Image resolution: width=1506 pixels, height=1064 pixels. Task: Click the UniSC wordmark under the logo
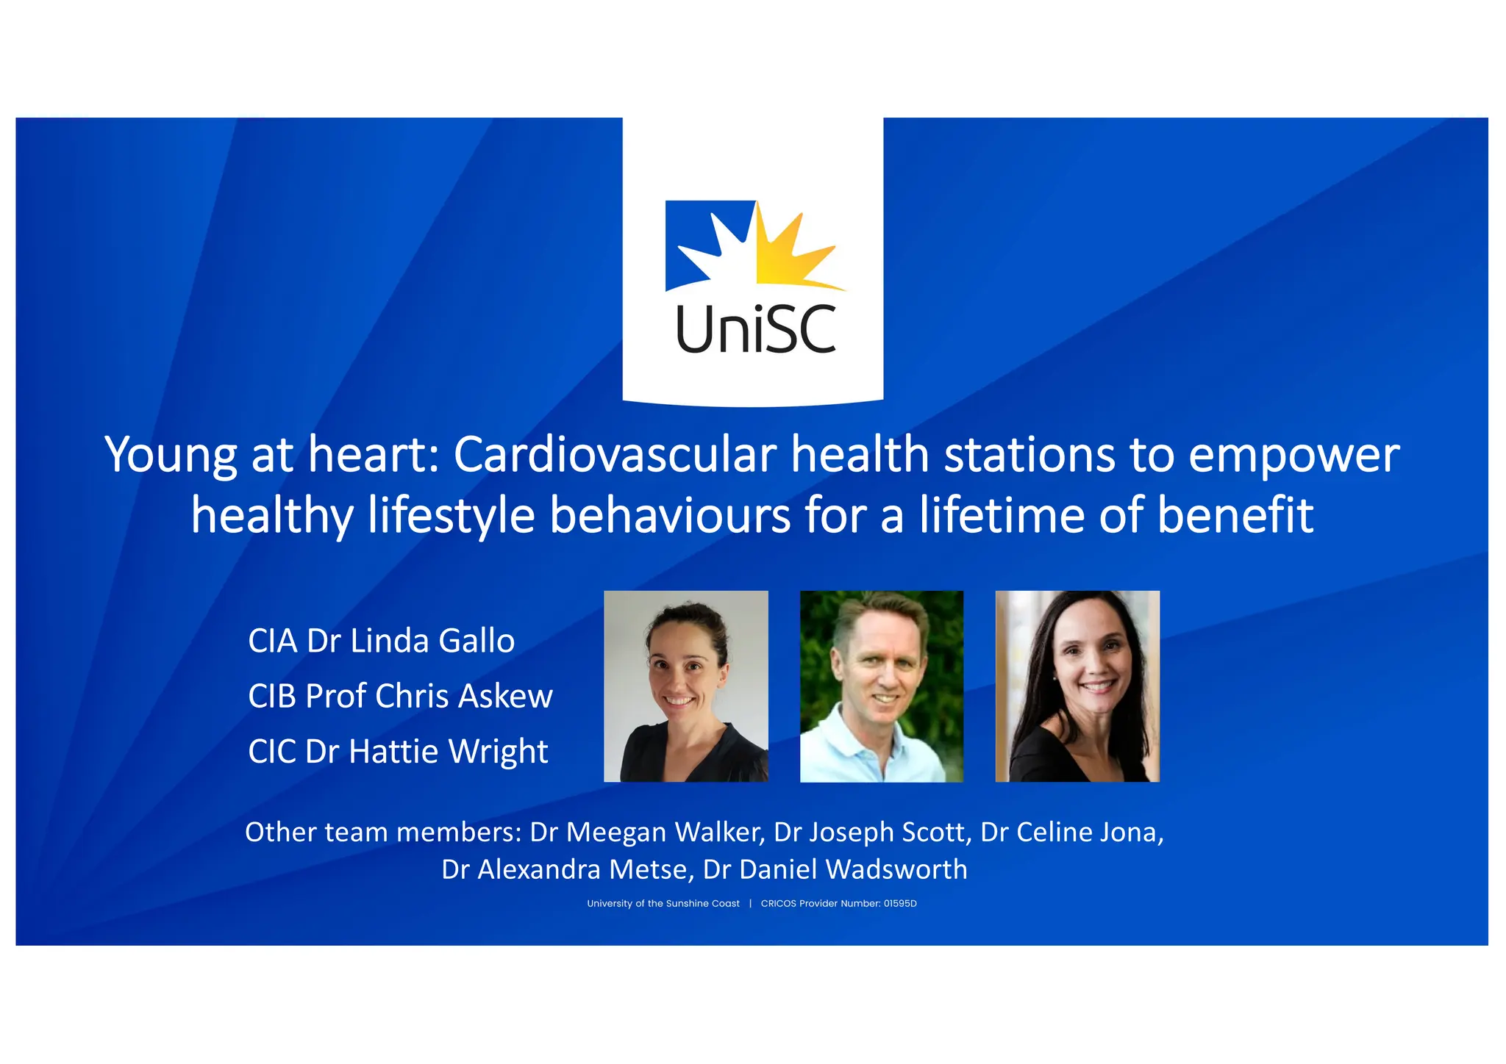(755, 329)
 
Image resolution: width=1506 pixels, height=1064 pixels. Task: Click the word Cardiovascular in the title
(614, 455)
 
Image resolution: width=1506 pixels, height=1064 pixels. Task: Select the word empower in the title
(1293, 456)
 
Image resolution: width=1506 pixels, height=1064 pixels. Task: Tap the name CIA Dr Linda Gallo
(381, 641)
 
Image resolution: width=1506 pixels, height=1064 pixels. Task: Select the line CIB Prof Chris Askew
(400, 696)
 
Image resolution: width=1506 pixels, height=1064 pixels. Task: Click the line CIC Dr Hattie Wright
(398, 751)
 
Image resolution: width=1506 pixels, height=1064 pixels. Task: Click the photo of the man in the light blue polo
(881, 686)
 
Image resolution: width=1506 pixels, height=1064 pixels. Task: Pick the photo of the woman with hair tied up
(685, 686)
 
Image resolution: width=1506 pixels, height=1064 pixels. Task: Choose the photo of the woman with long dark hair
(1077, 686)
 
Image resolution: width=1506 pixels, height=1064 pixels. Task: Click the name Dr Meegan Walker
(647, 832)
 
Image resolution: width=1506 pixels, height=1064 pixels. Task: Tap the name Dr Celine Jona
(1071, 832)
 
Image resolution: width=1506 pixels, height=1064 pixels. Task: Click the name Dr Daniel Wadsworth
(835, 869)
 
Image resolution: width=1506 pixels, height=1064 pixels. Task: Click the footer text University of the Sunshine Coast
(663, 904)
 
